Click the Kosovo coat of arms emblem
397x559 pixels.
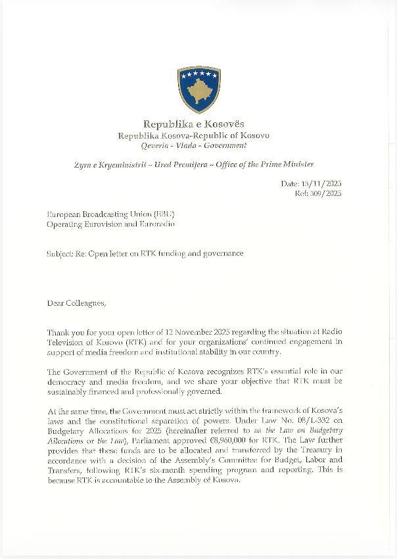pos(198,89)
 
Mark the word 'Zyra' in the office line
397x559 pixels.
pos(83,164)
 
